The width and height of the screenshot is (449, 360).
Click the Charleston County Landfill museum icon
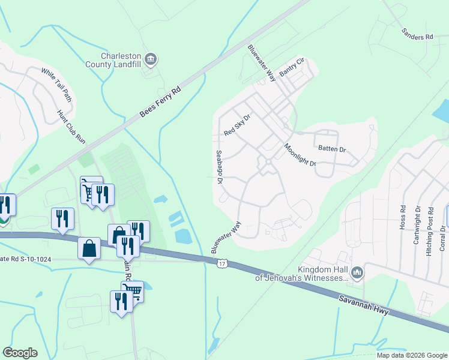coord(151,59)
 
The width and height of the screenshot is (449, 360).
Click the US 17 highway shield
coord(222,263)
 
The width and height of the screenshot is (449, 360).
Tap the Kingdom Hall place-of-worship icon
coord(357,274)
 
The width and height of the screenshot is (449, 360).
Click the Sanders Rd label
coord(417,37)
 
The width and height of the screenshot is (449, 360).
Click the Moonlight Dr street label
coord(300,154)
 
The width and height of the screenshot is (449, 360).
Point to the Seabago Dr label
coord(219,167)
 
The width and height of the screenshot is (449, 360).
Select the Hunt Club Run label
coord(71,127)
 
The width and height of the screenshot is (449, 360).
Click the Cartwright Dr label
coord(417,223)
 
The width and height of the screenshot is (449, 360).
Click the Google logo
coord(20,353)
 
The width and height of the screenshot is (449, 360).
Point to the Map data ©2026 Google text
coord(411,355)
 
